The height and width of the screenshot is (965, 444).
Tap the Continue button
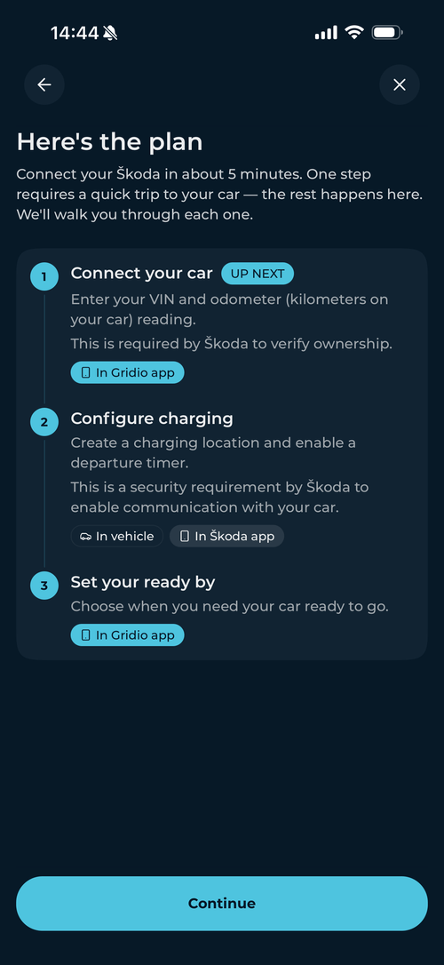tap(221, 903)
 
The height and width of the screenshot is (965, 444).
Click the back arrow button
tap(44, 85)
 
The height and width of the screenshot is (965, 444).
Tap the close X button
tap(399, 85)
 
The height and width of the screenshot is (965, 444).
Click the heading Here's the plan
tap(109, 142)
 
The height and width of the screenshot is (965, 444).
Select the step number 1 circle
tap(44, 277)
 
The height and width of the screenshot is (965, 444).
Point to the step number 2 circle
tap(44, 422)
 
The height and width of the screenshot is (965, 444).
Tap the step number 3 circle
tap(44, 586)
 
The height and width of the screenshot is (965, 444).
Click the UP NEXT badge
tap(258, 274)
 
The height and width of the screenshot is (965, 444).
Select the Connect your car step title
tap(141, 274)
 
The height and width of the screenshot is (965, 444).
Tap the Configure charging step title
tap(152, 419)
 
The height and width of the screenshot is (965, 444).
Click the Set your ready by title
tap(143, 582)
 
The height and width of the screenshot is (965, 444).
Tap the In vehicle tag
tap(117, 536)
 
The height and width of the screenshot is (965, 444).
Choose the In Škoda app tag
tap(227, 536)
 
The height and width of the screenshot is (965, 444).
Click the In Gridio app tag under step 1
tap(127, 372)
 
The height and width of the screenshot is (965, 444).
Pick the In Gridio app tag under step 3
tap(127, 634)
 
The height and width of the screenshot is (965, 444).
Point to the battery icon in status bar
tap(387, 33)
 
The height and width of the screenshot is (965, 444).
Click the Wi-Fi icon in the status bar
tap(354, 33)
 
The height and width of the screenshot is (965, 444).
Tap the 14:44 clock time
tap(75, 33)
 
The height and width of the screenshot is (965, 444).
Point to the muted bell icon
tap(111, 33)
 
